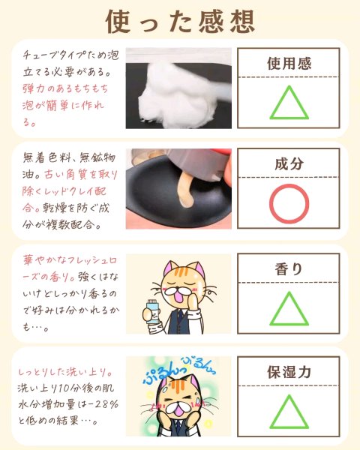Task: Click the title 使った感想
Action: coord(180,22)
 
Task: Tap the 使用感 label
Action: coord(289,64)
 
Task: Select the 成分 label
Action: coord(289,163)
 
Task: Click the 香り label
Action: coord(289,269)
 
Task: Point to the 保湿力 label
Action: coord(289,372)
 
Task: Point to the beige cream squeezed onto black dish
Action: coord(186,190)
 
